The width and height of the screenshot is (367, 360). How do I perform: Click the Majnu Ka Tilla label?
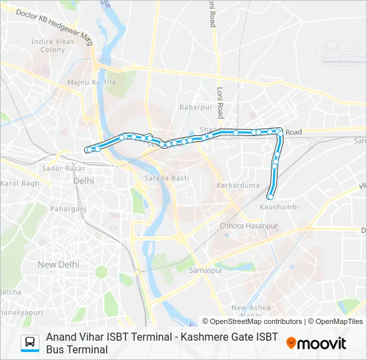(83, 82)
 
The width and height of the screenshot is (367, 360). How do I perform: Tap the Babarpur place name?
(194, 106)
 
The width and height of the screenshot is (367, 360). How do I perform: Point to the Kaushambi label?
(279, 207)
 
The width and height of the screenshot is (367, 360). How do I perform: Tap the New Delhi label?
(58, 265)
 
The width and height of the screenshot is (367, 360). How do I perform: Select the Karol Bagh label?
(20, 183)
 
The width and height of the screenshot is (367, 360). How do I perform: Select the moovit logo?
(316, 343)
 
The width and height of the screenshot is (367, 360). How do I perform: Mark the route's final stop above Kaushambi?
(270, 196)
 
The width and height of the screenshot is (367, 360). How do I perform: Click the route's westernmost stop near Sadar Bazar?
(88, 149)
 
